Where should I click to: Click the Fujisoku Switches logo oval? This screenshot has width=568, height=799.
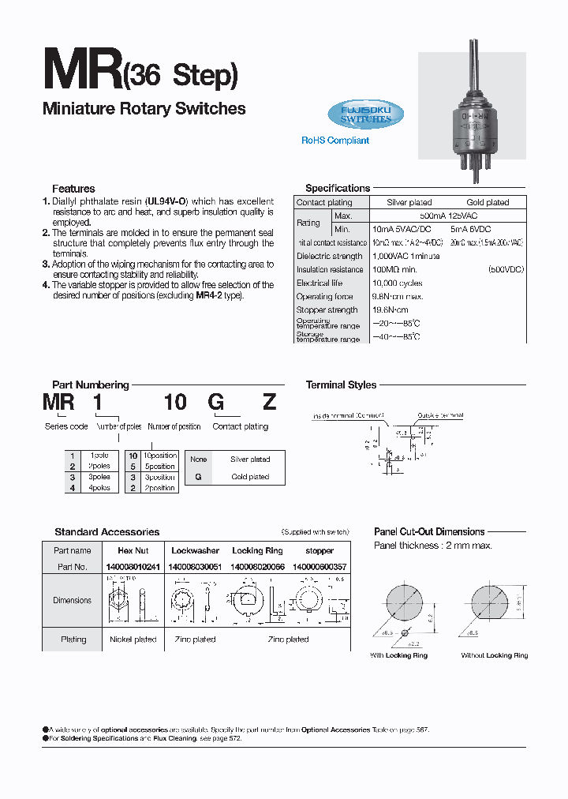pos(365,114)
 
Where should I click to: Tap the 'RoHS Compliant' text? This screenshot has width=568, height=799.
pos(335,141)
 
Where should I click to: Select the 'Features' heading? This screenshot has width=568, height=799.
pos(73,189)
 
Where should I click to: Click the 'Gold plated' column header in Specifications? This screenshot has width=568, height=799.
pos(488,203)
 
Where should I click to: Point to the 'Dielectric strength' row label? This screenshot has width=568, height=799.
pos(329,256)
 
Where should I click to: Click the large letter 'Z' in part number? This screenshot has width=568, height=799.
pos(269,402)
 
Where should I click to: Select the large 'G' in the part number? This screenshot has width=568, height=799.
pos(215,402)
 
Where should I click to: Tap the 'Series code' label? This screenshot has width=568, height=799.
pos(66,426)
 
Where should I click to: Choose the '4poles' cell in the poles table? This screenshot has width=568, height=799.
pos(99,488)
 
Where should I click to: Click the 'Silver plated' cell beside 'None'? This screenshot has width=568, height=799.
pos(250,459)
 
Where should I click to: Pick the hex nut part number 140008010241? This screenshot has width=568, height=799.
pos(133,567)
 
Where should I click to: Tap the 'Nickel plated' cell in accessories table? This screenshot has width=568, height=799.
pos(133,640)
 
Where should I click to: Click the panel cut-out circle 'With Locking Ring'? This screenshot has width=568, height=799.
pos(404,606)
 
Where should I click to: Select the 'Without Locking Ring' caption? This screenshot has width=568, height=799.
pos(495,655)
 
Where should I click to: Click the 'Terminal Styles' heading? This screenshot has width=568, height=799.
pos(341,385)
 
